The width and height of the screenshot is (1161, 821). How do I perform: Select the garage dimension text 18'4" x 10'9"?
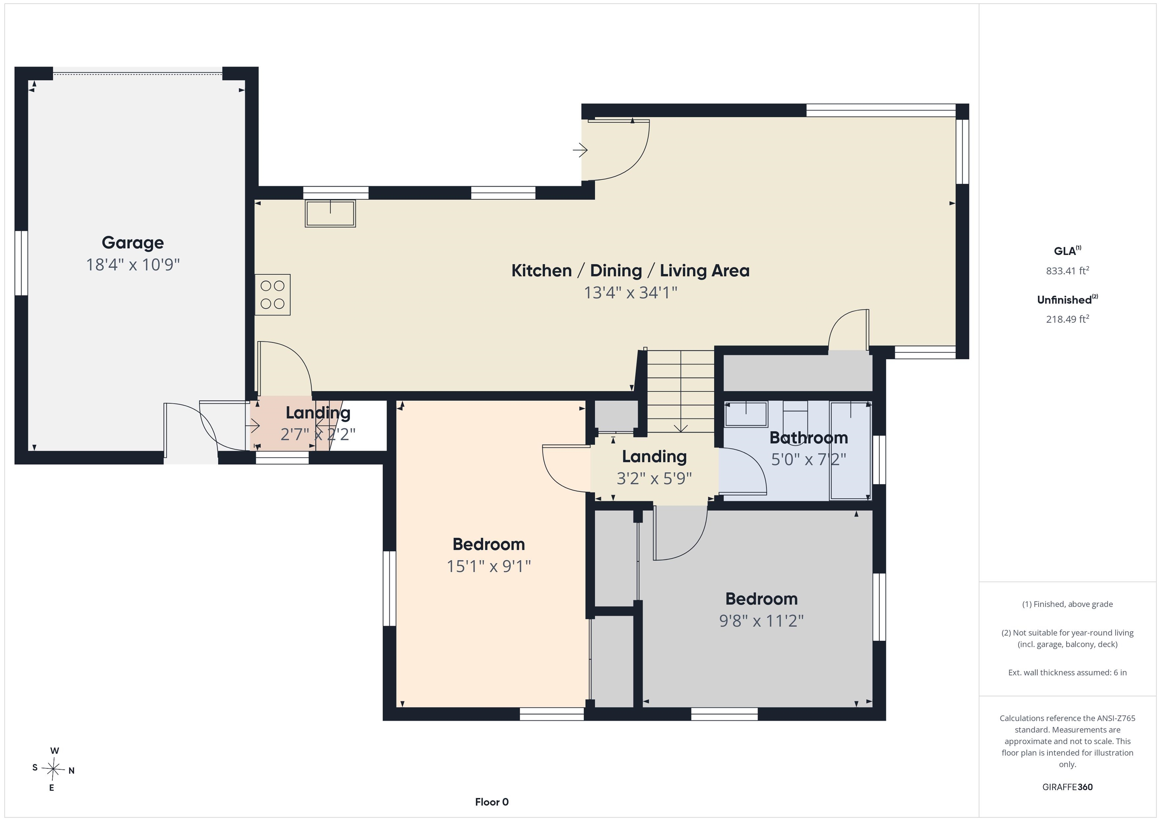[x=133, y=264]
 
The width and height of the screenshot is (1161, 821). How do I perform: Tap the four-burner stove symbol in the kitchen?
[x=272, y=295]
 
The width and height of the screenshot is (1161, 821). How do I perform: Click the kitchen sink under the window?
[x=330, y=213]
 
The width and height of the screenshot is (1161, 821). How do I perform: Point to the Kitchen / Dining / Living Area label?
[x=630, y=271]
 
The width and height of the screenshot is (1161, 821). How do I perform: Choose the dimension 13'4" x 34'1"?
[x=630, y=292]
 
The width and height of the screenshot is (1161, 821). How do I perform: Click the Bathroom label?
[x=808, y=437]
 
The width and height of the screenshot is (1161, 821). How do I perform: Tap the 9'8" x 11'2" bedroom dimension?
[x=762, y=620]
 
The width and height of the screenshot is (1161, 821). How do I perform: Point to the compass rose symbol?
[x=53, y=769]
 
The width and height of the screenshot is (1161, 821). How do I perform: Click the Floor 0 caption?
[x=492, y=802]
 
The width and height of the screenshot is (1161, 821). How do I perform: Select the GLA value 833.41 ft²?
[x=1067, y=271]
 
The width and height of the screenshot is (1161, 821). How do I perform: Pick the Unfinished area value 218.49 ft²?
[x=1067, y=319]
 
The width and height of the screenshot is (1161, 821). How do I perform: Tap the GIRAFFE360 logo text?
[x=1067, y=787]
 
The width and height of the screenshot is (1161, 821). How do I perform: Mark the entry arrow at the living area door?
[x=580, y=150]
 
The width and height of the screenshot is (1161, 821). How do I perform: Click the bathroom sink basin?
[x=746, y=414]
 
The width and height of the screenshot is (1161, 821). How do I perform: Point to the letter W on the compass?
[x=55, y=751]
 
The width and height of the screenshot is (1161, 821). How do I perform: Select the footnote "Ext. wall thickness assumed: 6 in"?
[x=1067, y=673]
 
